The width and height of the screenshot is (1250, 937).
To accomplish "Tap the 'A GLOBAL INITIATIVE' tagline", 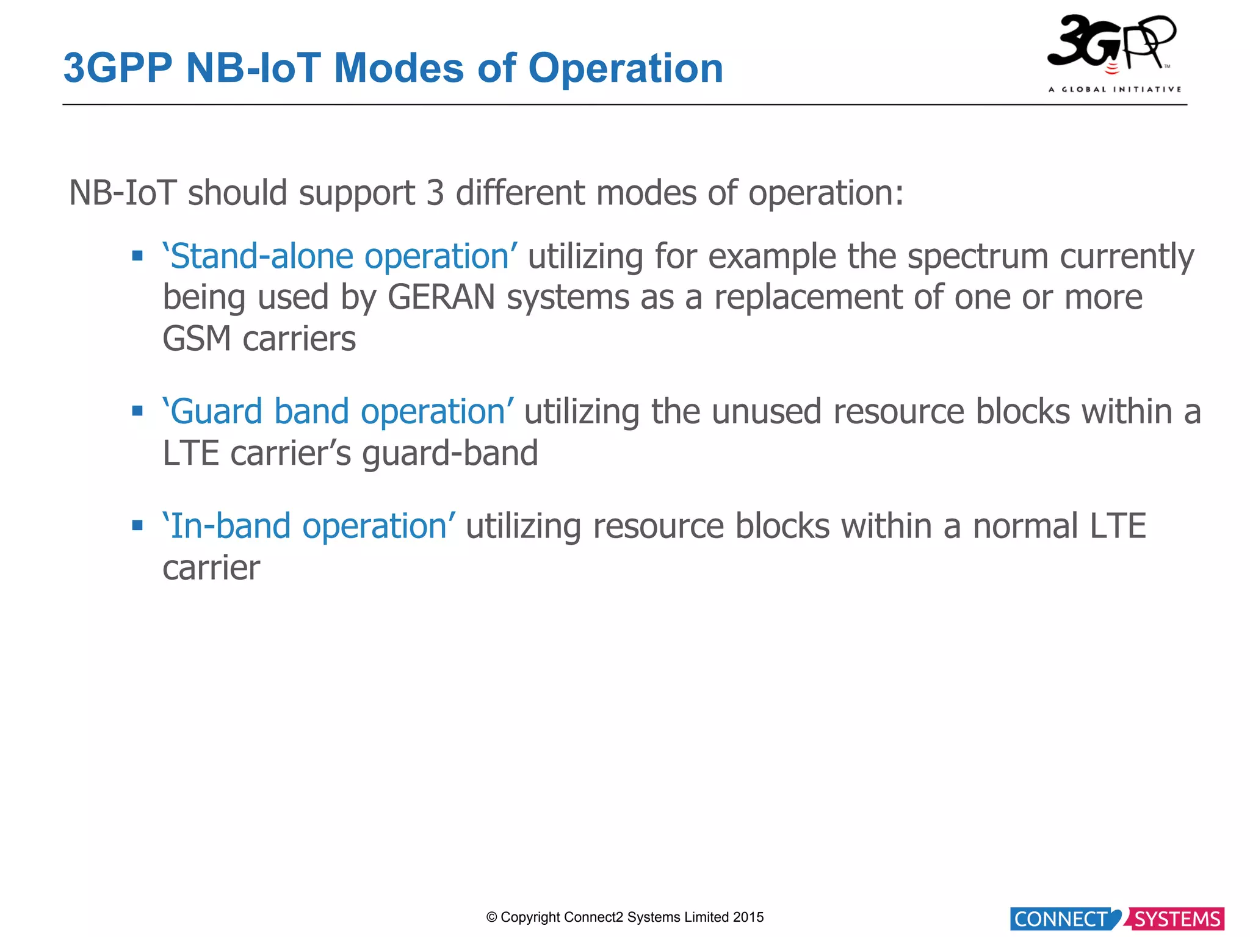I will pos(1115,90).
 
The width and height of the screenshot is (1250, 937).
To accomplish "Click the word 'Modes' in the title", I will pos(399,68).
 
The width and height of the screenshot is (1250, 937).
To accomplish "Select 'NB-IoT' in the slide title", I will pos(253,68).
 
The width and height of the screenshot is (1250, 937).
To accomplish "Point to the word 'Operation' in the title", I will pos(625,68).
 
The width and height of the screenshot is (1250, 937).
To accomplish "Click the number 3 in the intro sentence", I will pos(435,193).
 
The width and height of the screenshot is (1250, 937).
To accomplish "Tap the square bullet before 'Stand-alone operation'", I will pos(137,256).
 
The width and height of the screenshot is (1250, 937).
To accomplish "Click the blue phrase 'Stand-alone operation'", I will pos(340,256).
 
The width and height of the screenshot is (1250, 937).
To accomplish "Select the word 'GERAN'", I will pos(441,298).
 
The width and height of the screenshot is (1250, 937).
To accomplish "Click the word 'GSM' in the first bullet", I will pos(197,339).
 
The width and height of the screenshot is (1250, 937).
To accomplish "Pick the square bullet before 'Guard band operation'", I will pos(137,411).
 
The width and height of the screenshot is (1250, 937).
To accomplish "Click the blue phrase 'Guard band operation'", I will pos(338,412).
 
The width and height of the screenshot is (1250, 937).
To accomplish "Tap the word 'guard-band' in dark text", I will pos(450,454).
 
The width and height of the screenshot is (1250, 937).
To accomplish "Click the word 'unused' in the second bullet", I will pos(766,412).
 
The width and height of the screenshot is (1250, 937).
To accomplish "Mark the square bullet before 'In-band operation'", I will pos(137,525).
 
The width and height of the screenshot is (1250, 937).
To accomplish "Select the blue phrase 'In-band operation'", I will pos(308,526).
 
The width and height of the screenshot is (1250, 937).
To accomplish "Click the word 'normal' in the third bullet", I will pos(1025,526).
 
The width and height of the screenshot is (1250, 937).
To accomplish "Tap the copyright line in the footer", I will pos(624,917).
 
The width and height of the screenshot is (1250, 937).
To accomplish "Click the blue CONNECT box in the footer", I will pos(1061,919).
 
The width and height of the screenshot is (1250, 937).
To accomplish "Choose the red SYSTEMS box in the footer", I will pos(1177,919).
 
